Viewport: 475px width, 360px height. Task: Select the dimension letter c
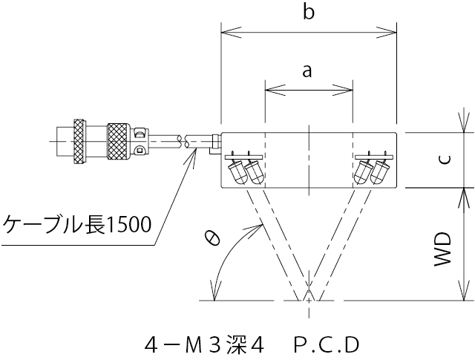coord(443,160)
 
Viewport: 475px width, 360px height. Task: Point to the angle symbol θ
coord(212,238)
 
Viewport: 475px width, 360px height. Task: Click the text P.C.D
coord(326,344)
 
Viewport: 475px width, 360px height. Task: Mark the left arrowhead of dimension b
coord(226,32)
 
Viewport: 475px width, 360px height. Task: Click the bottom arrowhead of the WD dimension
coord(465,295)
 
